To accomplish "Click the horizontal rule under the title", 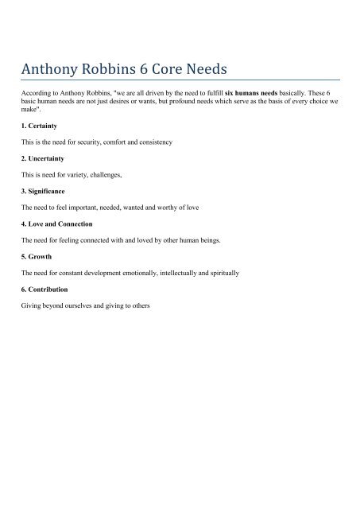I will pos(180,80).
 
